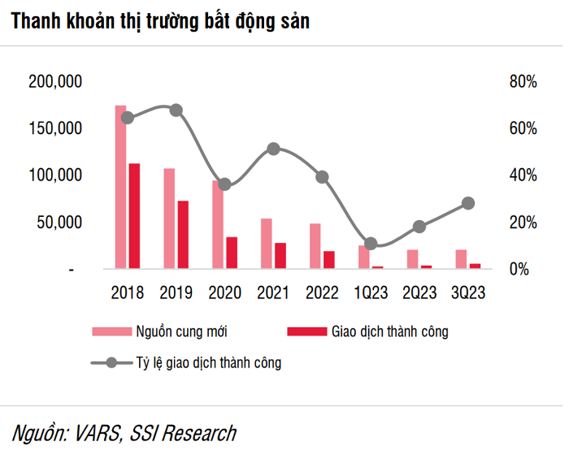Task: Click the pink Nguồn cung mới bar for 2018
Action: [x=121, y=187]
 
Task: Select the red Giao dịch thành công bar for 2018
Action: [x=134, y=216]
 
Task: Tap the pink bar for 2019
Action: [x=169, y=219]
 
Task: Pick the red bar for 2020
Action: [x=232, y=253]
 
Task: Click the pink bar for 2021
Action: [x=267, y=244]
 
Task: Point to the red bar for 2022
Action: [x=328, y=260]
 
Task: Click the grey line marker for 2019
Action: [x=176, y=110]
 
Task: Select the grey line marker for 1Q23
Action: [x=371, y=244]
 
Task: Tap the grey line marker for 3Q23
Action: [x=468, y=204]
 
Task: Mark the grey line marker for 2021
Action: [x=273, y=149]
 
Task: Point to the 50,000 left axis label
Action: [x=59, y=222]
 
